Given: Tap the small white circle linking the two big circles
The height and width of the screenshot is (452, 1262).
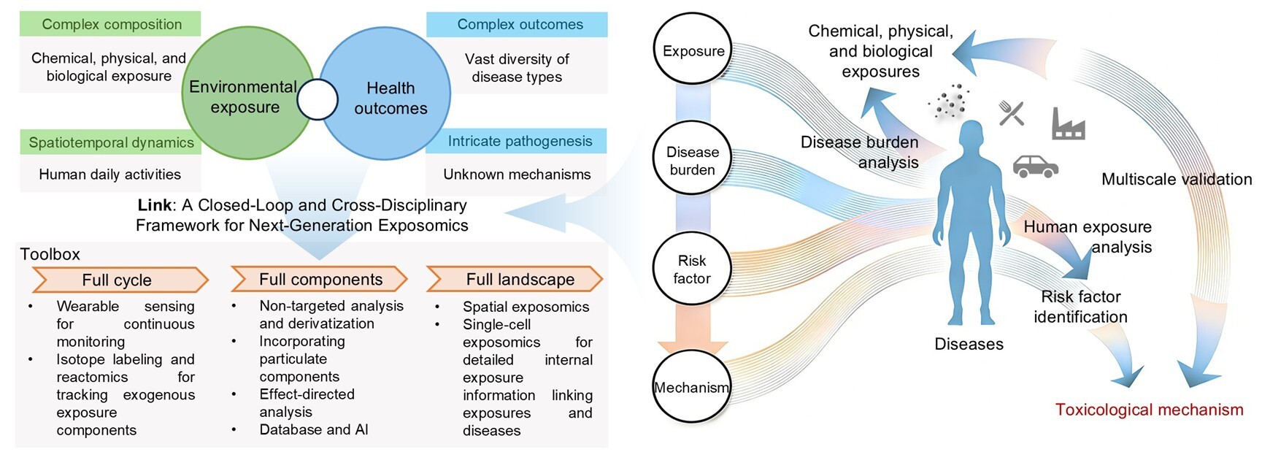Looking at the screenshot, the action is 318,99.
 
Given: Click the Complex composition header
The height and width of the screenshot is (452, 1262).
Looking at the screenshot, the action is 111,24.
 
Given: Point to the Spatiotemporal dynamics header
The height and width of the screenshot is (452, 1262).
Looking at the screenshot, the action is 111,142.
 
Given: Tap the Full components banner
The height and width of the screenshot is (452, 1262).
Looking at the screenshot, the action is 319,279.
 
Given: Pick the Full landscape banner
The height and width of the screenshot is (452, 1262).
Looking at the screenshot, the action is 515,279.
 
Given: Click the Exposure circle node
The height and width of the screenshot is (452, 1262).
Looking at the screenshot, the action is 693,50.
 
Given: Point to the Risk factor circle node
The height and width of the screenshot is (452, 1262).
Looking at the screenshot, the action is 692,269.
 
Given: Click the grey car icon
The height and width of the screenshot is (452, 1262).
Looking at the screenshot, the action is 1036,166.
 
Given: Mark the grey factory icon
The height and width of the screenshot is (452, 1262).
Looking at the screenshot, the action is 1069,123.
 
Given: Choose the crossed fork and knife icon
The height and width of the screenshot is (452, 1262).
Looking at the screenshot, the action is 1012,113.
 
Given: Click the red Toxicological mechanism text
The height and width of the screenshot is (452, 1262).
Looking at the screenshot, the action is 1149,410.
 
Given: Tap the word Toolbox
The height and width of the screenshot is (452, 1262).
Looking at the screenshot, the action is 50,254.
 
